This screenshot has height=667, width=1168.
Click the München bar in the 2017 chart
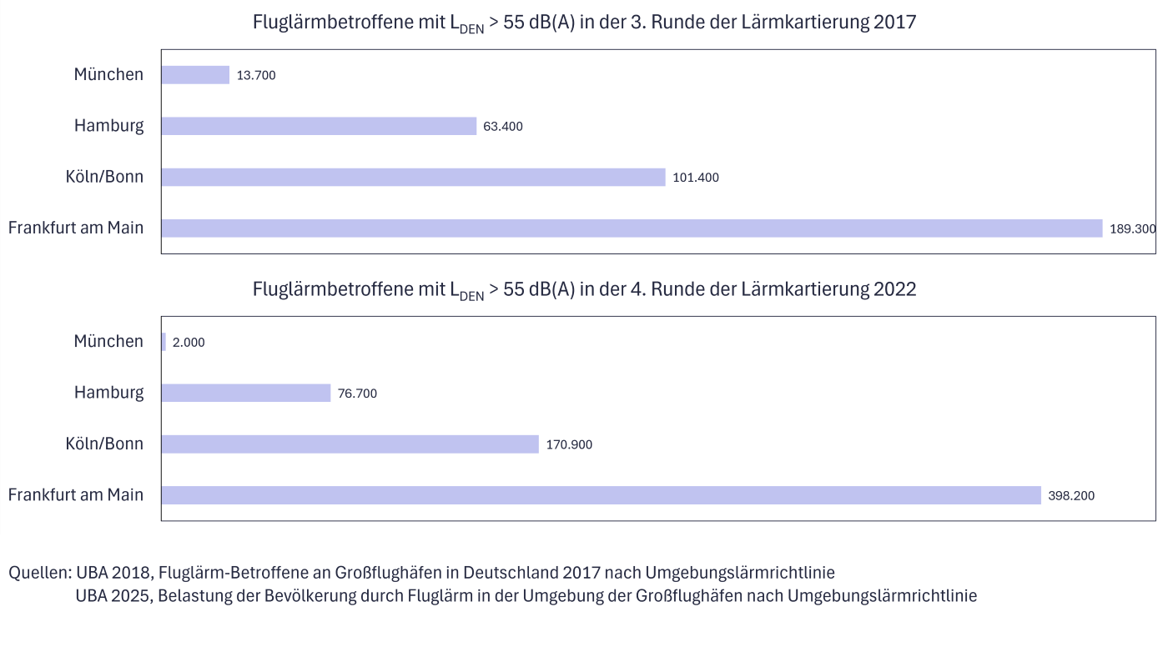click(x=195, y=75)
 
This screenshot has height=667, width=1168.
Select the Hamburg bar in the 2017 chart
click(x=319, y=126)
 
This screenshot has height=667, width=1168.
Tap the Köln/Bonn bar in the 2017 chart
click(x=413, y=177)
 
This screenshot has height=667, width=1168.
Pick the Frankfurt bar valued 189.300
click(x=632, y=228)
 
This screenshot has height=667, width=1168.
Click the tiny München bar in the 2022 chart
click(x=164, y=342)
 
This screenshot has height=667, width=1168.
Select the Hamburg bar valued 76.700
click(x=246, y=393)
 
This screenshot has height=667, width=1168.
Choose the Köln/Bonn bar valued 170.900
click(x=350, y=444)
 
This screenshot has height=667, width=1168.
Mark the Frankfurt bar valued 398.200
click(x=601, y=495)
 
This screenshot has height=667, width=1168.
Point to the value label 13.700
click(x=256, y=75)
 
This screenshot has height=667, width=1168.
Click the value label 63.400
click(x=503, y=127)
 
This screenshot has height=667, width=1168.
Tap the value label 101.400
click(x=696, y=178)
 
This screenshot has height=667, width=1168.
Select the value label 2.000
click(x=189, y=343)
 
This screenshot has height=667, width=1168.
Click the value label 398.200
click(x=1071, y=496)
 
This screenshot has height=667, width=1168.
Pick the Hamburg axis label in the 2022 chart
click(x=108, y=392)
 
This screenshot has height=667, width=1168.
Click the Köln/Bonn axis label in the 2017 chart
click(x=104, y=177)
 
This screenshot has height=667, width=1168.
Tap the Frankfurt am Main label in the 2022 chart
click(x=76, y=494)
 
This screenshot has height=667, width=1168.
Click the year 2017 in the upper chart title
click(x=894, y=23)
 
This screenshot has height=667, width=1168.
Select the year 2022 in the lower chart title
click(x=894, y=289)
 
